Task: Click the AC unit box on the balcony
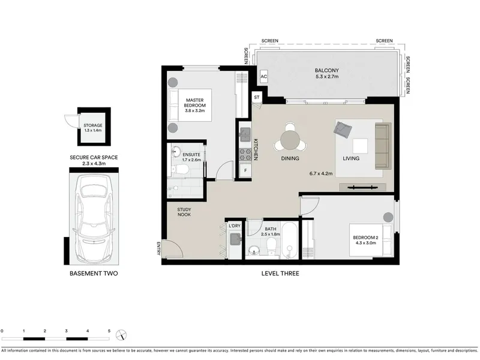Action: click(x=263, y=77)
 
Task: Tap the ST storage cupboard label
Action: click(x=257, y=97)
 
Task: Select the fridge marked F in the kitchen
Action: click(x=245, y=170)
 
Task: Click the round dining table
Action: click(x=290, y=140)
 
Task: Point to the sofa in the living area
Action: click(x=383, y=146)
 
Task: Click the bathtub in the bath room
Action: click(x=289, y=241)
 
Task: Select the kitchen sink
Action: click(x=245, y=134)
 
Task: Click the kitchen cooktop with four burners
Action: click(x=245, y=155)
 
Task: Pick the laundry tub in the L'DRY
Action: click(x=235, y=239)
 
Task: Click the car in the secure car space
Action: click(x=94, y=217)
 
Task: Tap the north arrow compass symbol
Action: click(x=121, y=335)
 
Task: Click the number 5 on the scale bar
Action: click(x=109, y=331)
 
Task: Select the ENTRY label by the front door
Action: click(x=158, y=248)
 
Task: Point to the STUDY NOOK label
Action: click(x=184, y=212)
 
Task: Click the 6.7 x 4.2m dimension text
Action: click(x=321, y=173)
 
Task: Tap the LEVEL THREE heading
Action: click(x=280, y=274)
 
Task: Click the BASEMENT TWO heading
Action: click(x=94, y=274)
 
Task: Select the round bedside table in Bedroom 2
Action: click(x=388, y=217)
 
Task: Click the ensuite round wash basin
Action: click(x=176, y=151)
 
